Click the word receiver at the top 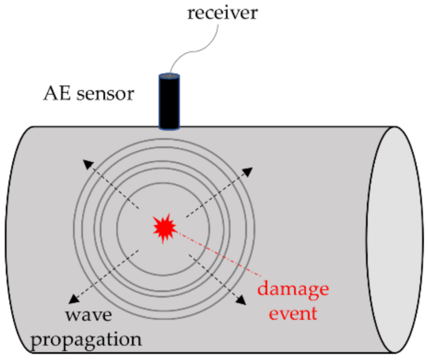pyautogui.click(x=222, y=13)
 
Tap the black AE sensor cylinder pyautogui.click(x=169, y=101)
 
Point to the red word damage pyautogui.click(x=293, y=289)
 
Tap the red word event pyautogui.click(x=293, y=314)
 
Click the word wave pyautogui.click(x=89, y=314)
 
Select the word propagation pyautogui.click(x=86, y=339)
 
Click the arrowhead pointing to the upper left pyautogui.click(x=87, y=164)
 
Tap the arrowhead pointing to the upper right pyautogui.click(x=248, y=172)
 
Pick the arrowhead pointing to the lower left pyautogui.click(x=74, y=299)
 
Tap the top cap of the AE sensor pyautogui.click(x=169, y=76)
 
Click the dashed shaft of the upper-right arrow pyautogui.click(x=216, y=194)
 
